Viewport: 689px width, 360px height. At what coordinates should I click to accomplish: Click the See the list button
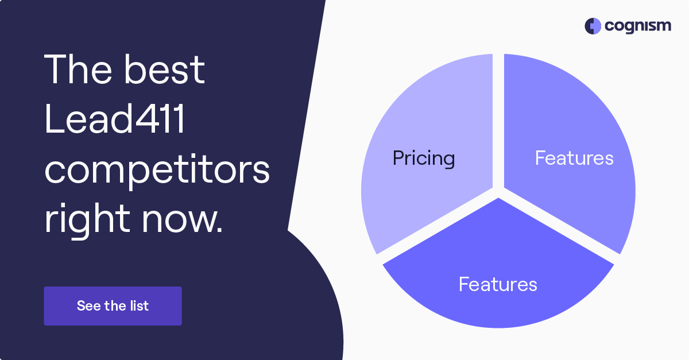113,306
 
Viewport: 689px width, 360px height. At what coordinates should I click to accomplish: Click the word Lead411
115,119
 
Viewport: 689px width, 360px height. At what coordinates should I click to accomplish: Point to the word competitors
157,170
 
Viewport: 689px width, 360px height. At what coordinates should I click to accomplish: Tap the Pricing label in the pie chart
424,158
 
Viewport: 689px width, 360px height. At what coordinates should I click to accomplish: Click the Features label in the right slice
574,158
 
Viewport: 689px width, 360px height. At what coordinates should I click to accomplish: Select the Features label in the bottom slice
498,284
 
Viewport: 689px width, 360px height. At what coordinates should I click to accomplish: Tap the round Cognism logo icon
593,26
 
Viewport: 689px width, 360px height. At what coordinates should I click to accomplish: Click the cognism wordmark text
637,26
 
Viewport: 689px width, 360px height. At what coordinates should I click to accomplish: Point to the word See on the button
88,306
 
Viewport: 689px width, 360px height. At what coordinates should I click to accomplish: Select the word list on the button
139,306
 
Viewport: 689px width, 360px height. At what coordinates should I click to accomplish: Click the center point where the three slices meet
498,192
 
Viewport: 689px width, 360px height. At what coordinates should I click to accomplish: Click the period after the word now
219,231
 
